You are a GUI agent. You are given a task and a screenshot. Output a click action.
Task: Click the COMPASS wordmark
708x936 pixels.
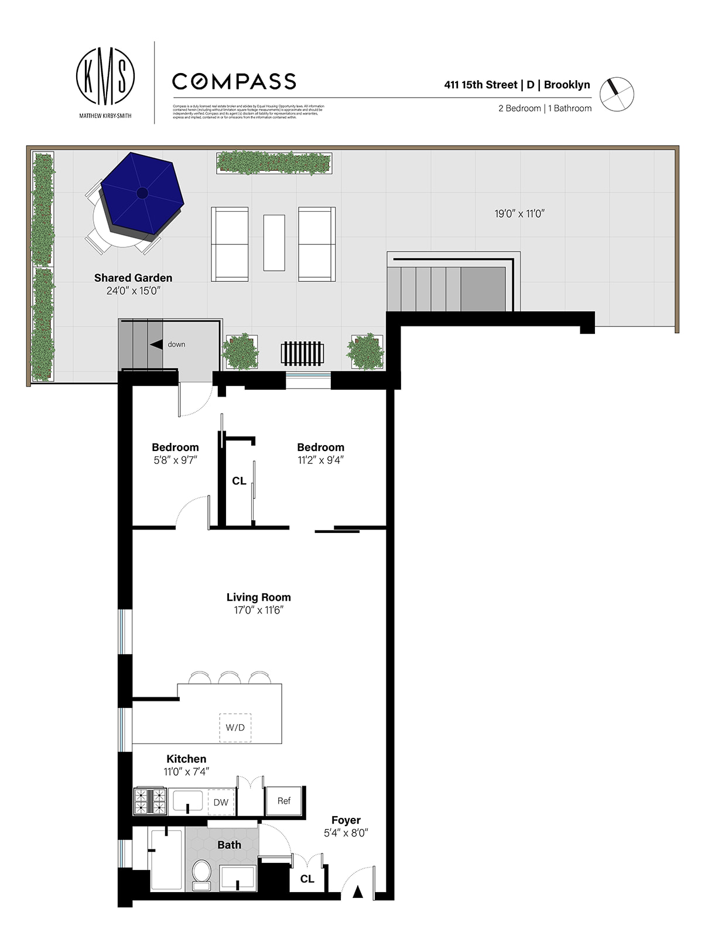(x=234, y=81)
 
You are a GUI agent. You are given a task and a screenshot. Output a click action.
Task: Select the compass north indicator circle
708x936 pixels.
(x=617, y=94)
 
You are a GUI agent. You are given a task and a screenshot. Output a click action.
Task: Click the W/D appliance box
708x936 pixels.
(x=235, y=728)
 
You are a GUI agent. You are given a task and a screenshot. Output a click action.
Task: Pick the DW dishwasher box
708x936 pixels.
(x=221, y=802)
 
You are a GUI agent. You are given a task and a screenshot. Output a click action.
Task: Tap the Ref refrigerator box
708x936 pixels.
(x=284, y=801)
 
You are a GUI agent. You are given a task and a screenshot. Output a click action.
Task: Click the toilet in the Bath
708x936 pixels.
(x=202, y=875)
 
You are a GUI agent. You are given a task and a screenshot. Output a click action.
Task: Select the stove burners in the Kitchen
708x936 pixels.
(x=151, y=801)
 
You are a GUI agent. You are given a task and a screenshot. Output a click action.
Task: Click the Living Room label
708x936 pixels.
(x=258, y=597)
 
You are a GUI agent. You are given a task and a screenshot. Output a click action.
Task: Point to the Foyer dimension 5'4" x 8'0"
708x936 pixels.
(x=346, y=833)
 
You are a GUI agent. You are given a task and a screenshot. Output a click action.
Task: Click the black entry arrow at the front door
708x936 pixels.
(x=357, y=892)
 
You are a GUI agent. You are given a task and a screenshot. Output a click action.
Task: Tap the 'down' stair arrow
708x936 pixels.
(x=156, y=345)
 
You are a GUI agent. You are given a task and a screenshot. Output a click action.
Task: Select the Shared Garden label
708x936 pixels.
(x=133, y=278)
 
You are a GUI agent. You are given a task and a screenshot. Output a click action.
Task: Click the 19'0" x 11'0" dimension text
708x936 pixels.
(x=519, y=214)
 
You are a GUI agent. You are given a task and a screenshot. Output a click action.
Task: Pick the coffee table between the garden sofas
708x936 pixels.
(x=274, y=243)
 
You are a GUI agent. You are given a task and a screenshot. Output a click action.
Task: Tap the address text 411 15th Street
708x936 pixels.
(x=480, y=85)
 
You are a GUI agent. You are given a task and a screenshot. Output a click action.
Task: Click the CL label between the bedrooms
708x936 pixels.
(x=239, y=481)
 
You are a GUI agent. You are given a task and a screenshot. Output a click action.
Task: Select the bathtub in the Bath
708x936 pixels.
(x=166, y=859)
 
